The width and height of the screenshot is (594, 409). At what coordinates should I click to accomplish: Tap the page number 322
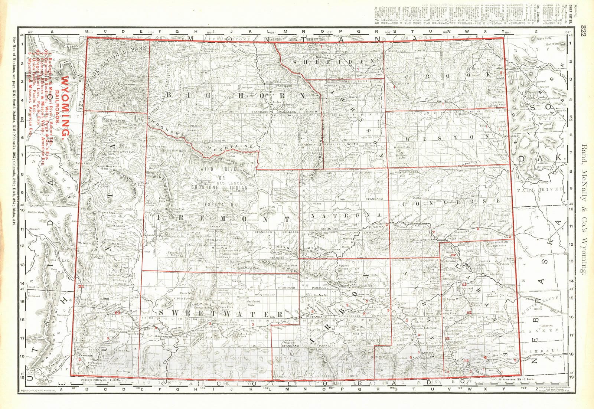coord(584,31)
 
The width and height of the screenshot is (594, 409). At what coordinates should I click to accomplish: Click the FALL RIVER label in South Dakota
coord(546,189)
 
